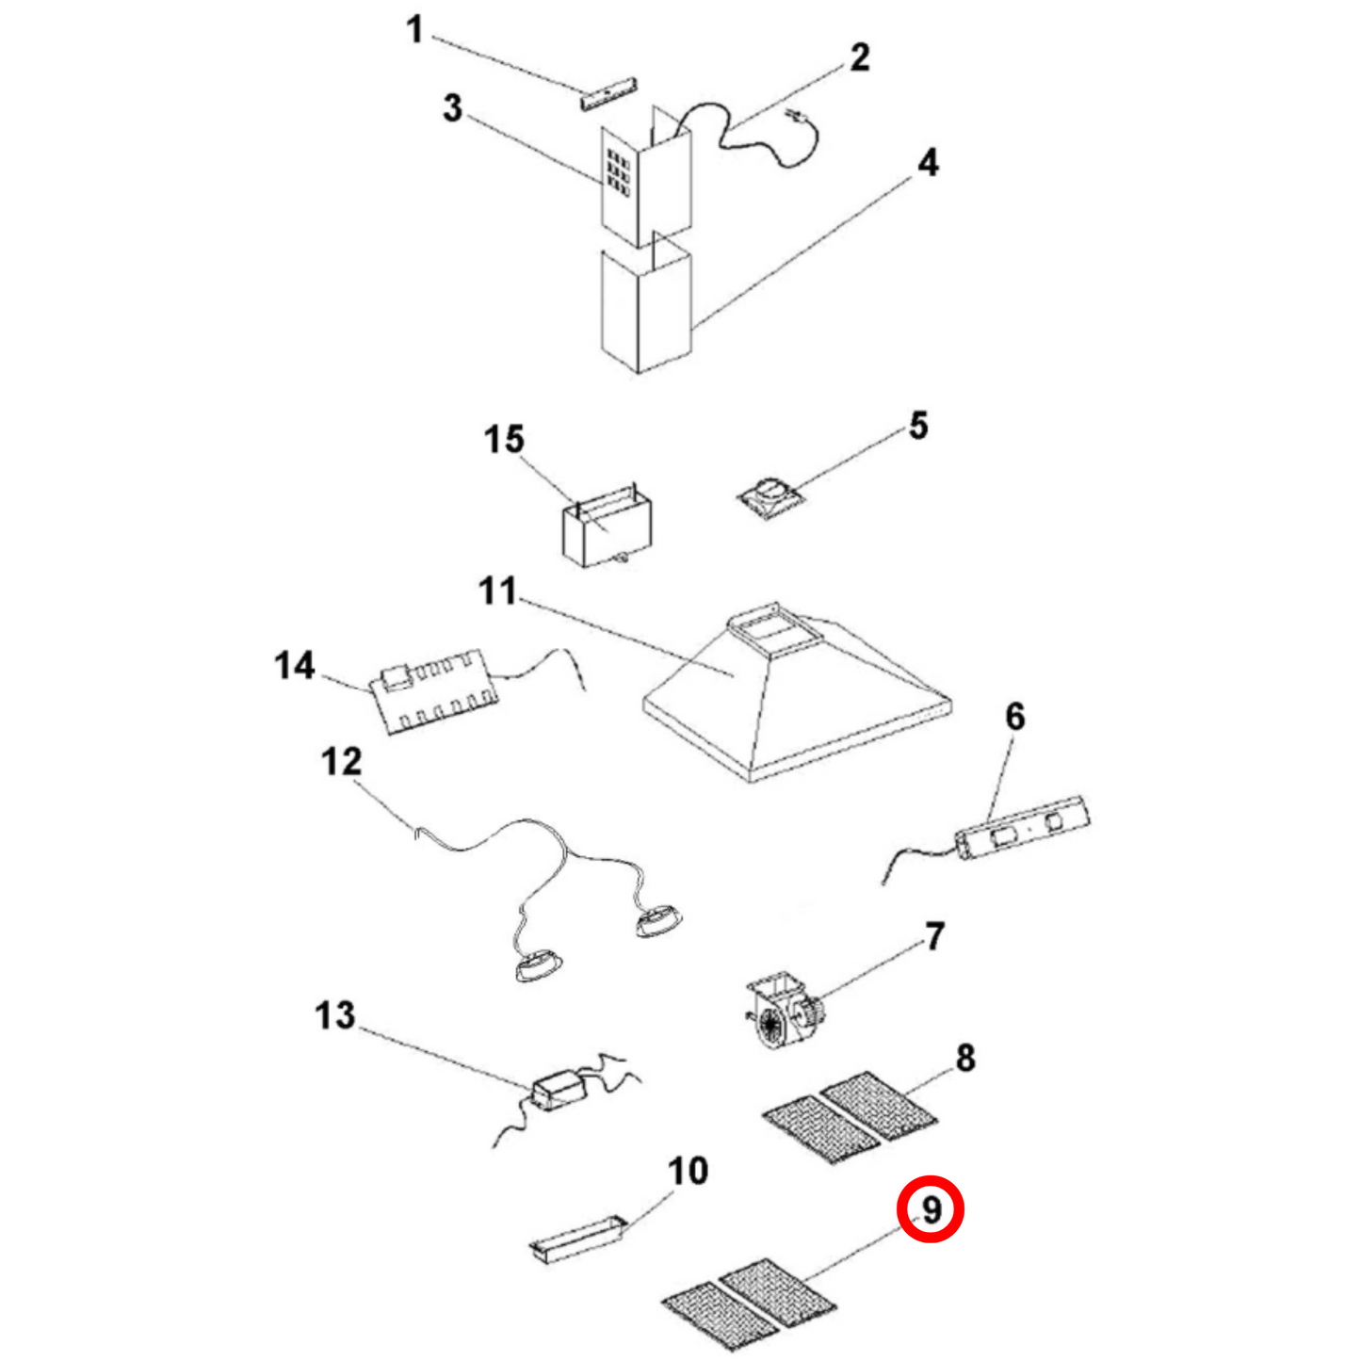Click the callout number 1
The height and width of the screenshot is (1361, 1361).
pos(414,30)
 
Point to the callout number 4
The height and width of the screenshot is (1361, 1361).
pos(928,163)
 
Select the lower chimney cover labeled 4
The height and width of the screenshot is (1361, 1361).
pos(645,311)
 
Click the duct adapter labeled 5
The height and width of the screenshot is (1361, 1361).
pos(770,496)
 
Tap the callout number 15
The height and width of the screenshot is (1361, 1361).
pos(504,440)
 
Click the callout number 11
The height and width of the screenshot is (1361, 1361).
pos(497,591)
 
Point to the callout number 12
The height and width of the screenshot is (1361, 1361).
pos(341,761)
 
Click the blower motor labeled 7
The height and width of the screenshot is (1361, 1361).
pos(784,1014)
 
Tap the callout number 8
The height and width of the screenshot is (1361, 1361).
pos(965,1058)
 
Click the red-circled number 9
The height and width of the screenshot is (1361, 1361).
pos(931,1209)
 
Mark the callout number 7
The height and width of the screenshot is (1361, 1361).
pos(933,936)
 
